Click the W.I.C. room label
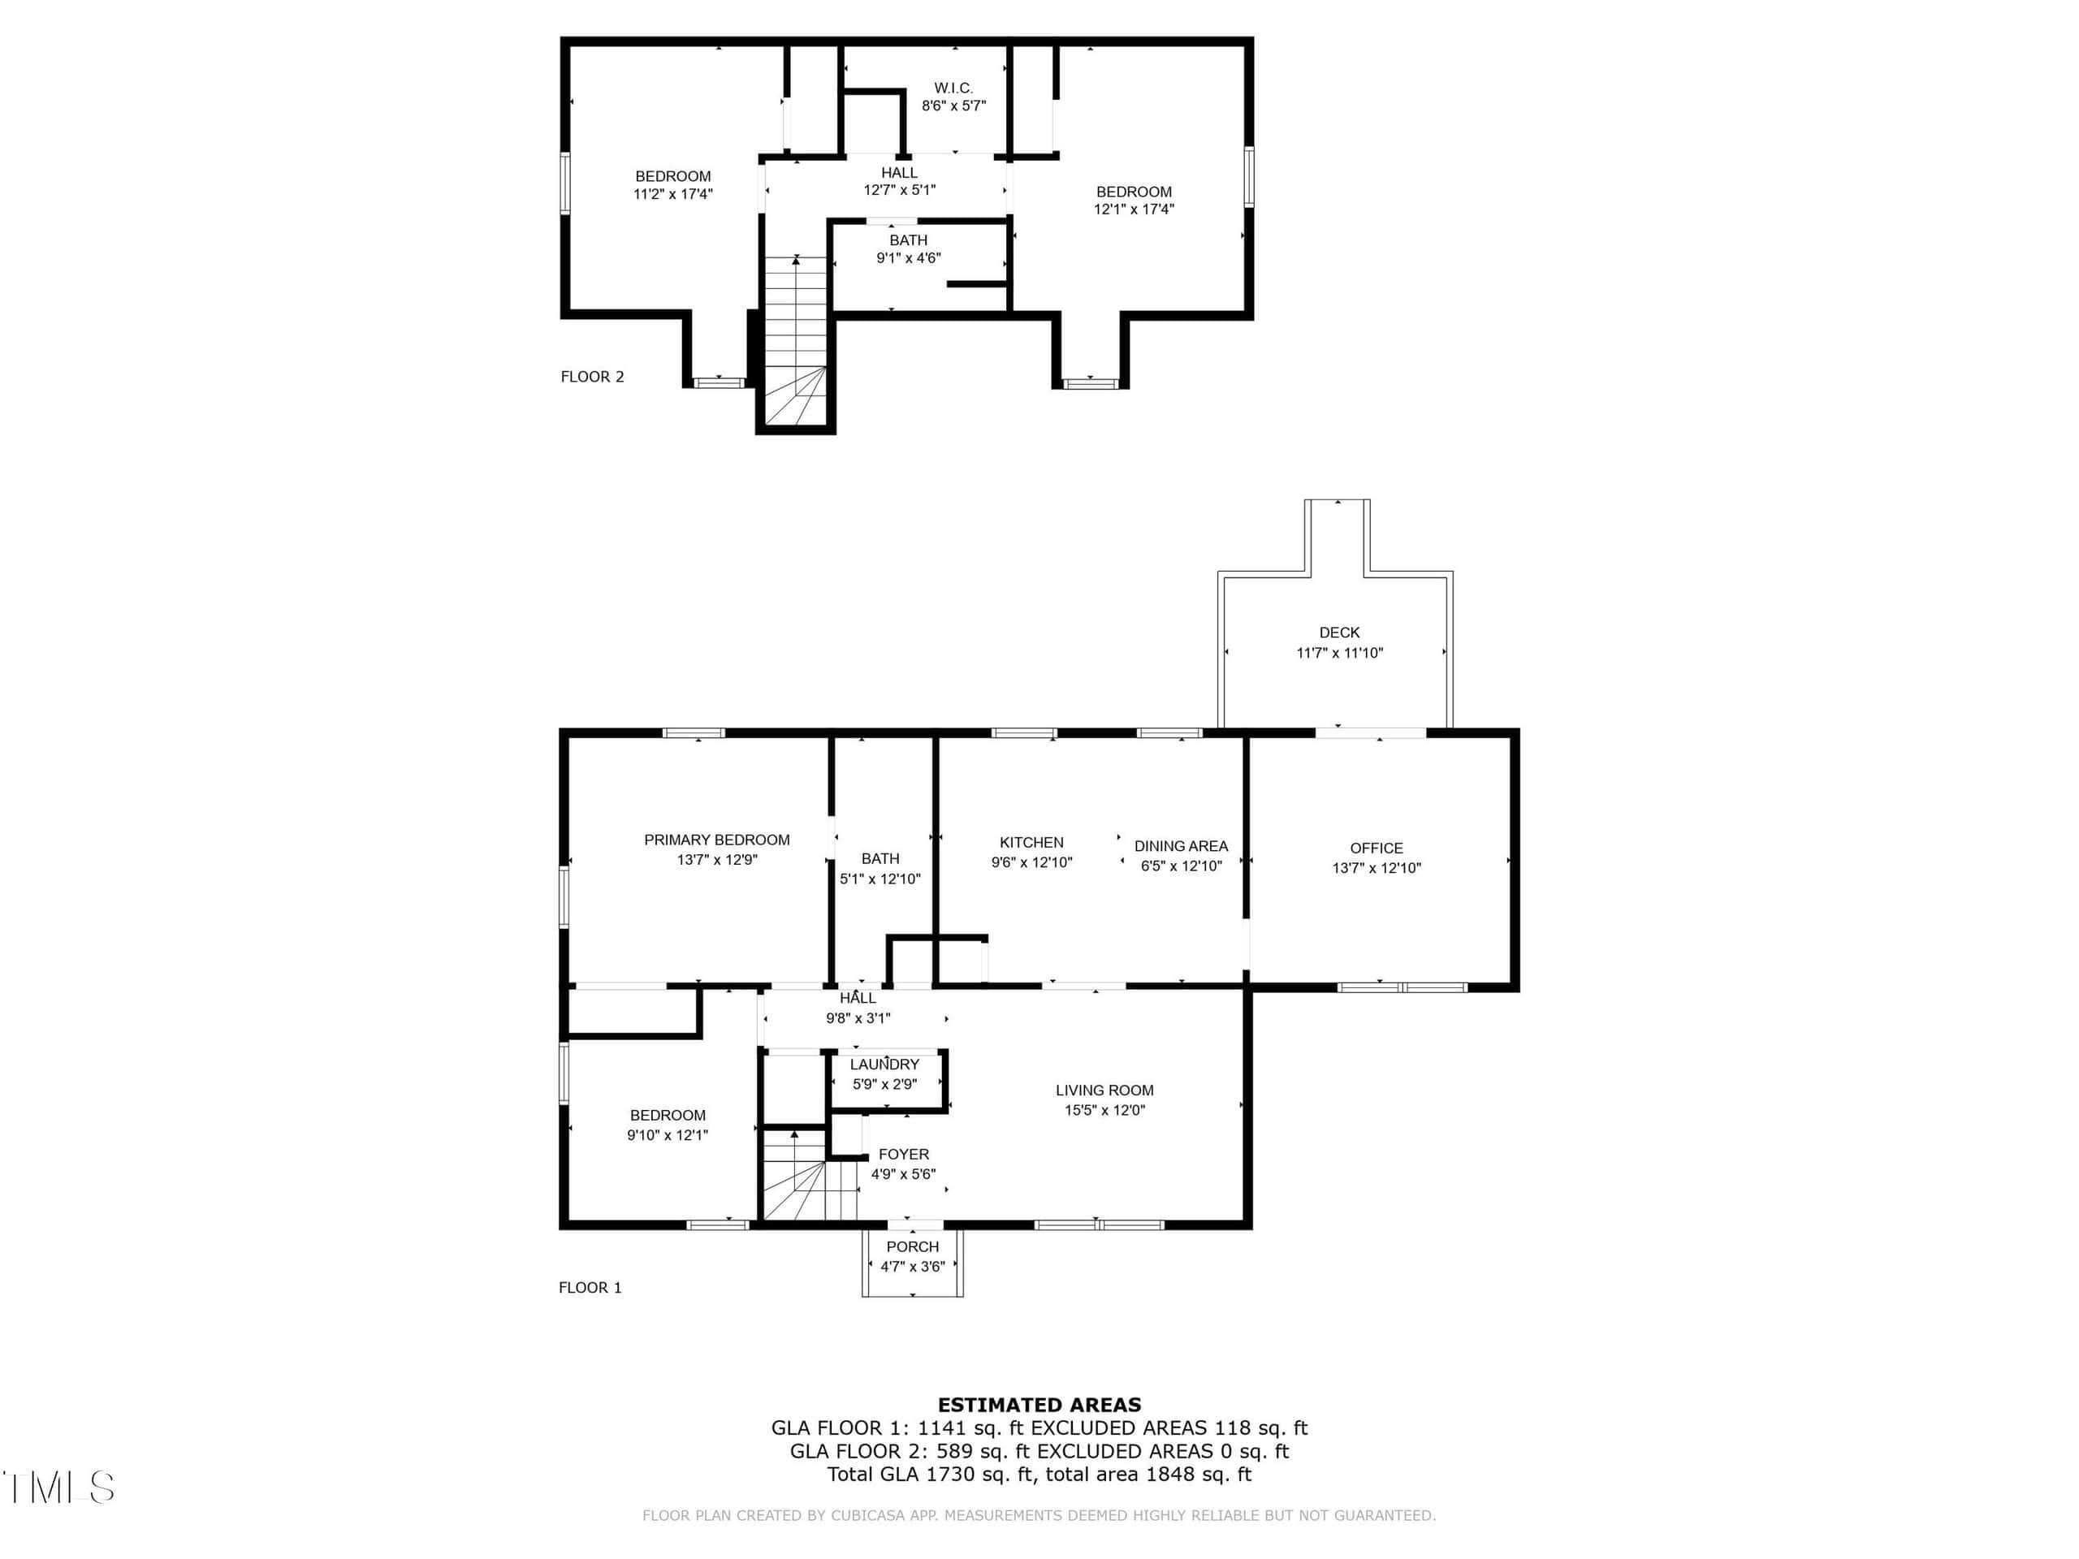[x=953, y=89]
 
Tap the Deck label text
[x=1339, y=633]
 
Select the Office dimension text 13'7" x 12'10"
[x=1376, y=868]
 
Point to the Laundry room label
[x=884, y=1065]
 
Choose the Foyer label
[x=903, y=1155]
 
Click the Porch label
[x=913, y=1247]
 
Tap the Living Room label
[x=1104, y=1090]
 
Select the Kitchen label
[x=1031, y=843]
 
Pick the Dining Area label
[x=1181, y=846]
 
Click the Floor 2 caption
[x=592, y=377]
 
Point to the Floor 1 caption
[x=590, y=1288]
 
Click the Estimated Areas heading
[x=1039, y=1405]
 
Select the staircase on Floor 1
[x=809, y=1176]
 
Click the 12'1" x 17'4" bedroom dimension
[x=1134, y=209]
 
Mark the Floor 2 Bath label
[x=908, y=240]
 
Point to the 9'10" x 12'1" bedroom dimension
[x=668, y=1135]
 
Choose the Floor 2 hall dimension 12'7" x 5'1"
[x=900, y=190]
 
